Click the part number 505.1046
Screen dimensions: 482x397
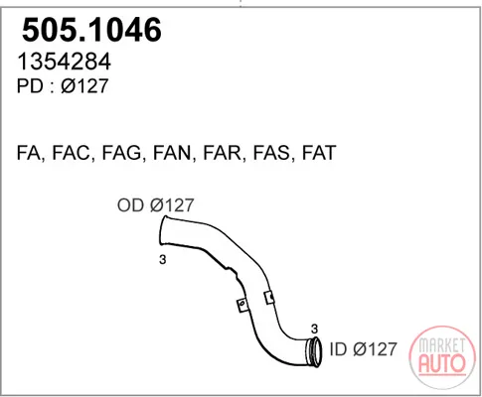(91, 30)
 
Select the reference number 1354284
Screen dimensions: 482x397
(64, 62)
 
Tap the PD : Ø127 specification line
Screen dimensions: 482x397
(63, 85)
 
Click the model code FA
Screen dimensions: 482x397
(30, 153)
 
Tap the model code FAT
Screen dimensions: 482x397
(319, 153)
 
